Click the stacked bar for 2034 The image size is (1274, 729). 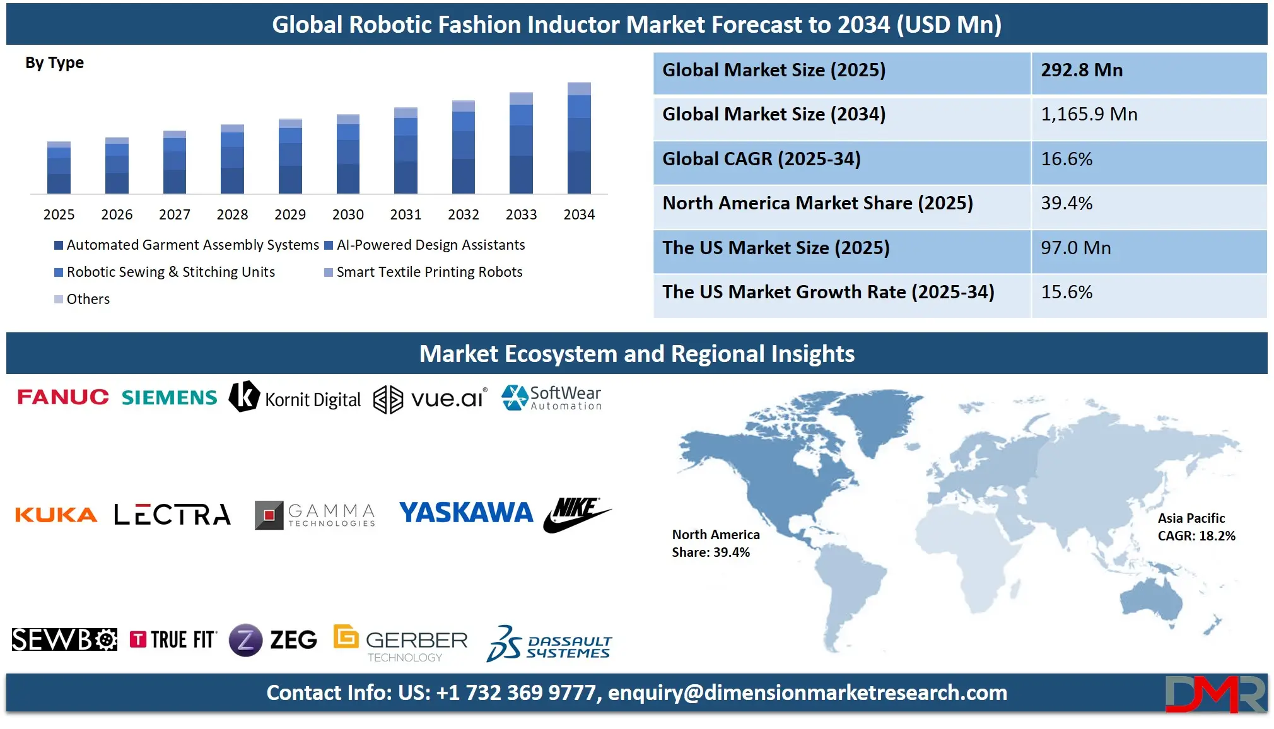[x=579, y=138]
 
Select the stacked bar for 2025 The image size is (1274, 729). [x=59, y=168]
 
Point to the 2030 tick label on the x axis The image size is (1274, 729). [x=348, y=214]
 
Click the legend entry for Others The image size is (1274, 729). [x=83, y=299]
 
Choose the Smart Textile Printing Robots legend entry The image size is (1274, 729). [x=423, y=272]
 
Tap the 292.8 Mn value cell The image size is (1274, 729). [x=1082, y=70]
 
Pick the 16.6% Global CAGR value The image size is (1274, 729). [x=1067, y=159]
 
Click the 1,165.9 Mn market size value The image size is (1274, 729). [x=1089, y=114]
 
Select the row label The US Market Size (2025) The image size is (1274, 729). [x=776, y=248]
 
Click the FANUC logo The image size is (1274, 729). [x=63, y=397]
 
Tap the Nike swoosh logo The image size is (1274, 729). [x=576, y=514]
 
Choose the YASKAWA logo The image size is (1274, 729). [x=466, y=513]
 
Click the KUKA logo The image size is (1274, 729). [x=56, y=515]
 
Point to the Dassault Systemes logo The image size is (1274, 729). [x=549, y=643]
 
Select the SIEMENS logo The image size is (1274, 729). [x=169, y=397]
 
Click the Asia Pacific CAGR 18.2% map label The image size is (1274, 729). [x=1196, y=527]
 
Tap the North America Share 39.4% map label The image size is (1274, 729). [x=715, y=543]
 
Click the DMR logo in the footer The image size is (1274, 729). [x=1215, y=694]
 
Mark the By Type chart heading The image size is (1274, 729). [x=54, y=63]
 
